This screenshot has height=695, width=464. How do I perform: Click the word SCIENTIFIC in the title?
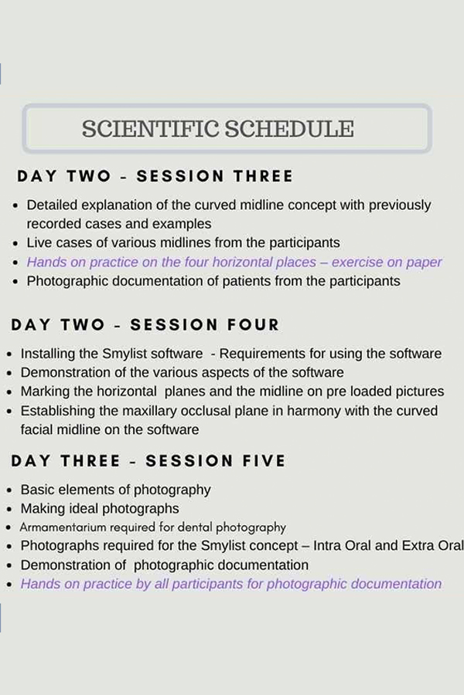pyautogui.click(x=151, y=129)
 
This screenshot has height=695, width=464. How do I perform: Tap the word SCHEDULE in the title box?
pyautogui.click(x=289, y=129)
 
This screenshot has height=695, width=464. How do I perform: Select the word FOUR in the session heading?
pyautogui.click(x=253, y=325)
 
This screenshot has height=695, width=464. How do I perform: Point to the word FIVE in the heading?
pyautogui.click(x=264, y=461)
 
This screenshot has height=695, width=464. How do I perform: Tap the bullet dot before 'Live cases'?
pyautogui.click(x=16, y=244)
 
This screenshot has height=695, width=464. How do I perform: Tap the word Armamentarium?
pyautogui.click(x=63, y=527)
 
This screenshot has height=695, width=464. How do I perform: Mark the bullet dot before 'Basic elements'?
pyautogui.click(x=9, y=490)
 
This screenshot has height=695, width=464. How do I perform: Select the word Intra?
pyautogui.click(x=326, y=546)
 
